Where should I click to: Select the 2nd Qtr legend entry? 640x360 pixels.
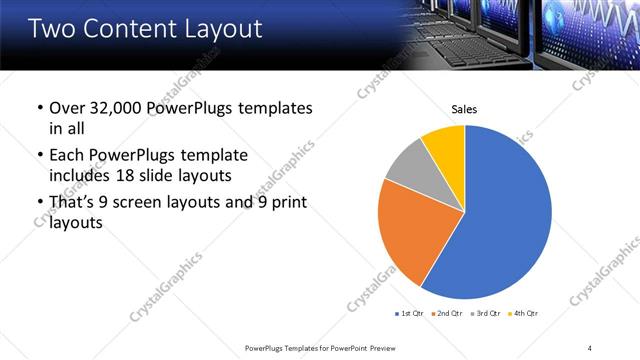click(445, 314)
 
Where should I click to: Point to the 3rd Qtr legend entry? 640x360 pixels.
click(485, 314)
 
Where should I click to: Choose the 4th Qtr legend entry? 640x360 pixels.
click(523, 314)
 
